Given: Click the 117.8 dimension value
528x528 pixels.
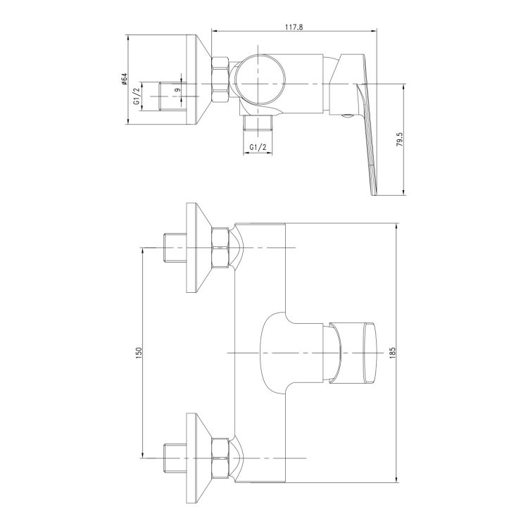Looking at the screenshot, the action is (294, 27).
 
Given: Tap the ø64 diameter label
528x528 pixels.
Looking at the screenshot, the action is (124, 79).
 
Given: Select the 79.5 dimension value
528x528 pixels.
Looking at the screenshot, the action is (399, 139).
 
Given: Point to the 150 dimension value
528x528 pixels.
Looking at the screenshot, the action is (139, 353).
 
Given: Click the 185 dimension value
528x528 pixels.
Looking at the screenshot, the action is (392, 353).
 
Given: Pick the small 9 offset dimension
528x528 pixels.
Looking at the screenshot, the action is (178, 89).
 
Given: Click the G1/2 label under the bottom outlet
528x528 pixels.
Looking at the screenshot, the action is (258, 147).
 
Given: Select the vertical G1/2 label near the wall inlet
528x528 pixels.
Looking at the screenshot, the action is (137, 96).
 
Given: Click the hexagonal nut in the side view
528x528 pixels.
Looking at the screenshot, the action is (220, 79).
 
